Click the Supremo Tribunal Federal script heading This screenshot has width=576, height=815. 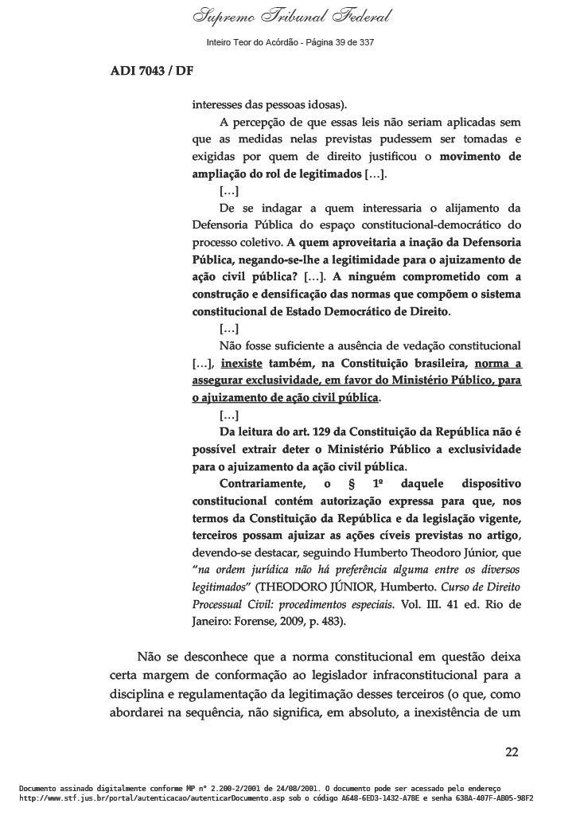click(288, 18)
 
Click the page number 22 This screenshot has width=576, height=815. click(512, 751)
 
